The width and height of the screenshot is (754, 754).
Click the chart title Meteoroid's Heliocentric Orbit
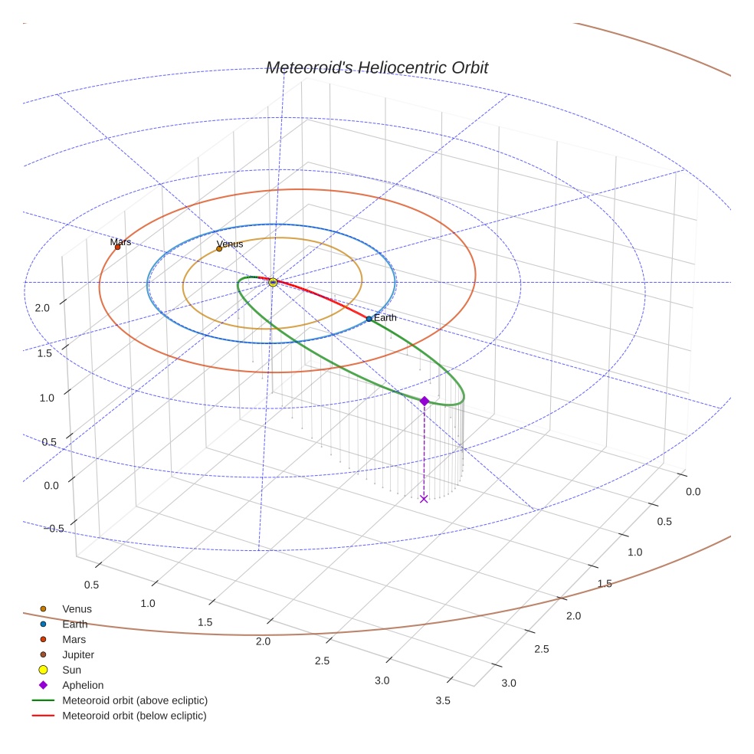(376, 67)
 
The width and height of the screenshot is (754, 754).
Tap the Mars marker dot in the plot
(117, 247)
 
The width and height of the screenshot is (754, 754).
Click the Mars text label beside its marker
(120, 241)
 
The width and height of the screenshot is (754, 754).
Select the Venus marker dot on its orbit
(219, 248)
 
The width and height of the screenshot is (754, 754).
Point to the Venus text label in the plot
(230, 244)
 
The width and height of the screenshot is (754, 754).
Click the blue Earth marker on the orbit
(369, 319)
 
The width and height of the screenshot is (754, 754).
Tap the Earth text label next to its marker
(385, 317)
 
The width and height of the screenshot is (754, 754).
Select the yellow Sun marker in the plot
(273, 283)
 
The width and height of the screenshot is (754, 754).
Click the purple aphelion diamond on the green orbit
(424, 401)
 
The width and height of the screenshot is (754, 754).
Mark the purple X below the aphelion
(424, 499)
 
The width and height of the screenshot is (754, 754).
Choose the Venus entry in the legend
(77, 609)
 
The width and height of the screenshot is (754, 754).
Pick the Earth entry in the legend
(74, 625)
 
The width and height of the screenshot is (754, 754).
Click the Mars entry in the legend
(74, 639)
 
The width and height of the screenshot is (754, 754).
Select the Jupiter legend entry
(78, 654)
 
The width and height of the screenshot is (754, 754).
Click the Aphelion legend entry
(83, 685)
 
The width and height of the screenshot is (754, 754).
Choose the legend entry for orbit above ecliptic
(135, 700)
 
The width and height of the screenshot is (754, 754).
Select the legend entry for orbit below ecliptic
(134, 716)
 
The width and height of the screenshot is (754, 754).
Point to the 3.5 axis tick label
(442, 700)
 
